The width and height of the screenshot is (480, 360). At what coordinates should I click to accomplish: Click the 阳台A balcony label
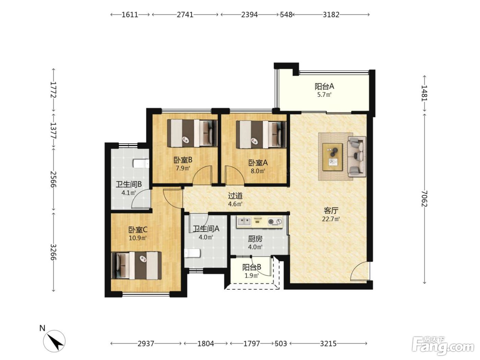(x=324, y=86)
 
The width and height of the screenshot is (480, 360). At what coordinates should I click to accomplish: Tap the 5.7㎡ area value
(x=325, y=95)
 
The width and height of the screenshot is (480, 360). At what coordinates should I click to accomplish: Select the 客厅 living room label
(x=331, y=211)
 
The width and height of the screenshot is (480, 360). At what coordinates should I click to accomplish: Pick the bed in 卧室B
(x=192, y=133)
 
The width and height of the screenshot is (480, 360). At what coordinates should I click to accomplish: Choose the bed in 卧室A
(x=261, y=135)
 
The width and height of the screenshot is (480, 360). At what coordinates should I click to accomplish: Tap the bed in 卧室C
(x=136, y=265)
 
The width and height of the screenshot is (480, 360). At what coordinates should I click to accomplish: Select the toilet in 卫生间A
(x=192, y=253)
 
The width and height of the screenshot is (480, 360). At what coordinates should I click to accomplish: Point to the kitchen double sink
(x=244, y=221)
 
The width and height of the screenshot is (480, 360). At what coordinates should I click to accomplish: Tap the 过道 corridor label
(x=235, y=196)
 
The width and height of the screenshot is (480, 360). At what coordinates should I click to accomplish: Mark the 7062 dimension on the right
(x=424, y=199)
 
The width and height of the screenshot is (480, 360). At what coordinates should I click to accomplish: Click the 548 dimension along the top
(x=286, y=15)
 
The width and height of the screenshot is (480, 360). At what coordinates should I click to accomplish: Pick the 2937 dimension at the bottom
(x=146, y=344)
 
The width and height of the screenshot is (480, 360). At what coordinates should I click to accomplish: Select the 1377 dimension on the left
(x=53, y=130)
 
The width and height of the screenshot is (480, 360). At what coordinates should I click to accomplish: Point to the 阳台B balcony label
(x=252, y=267)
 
